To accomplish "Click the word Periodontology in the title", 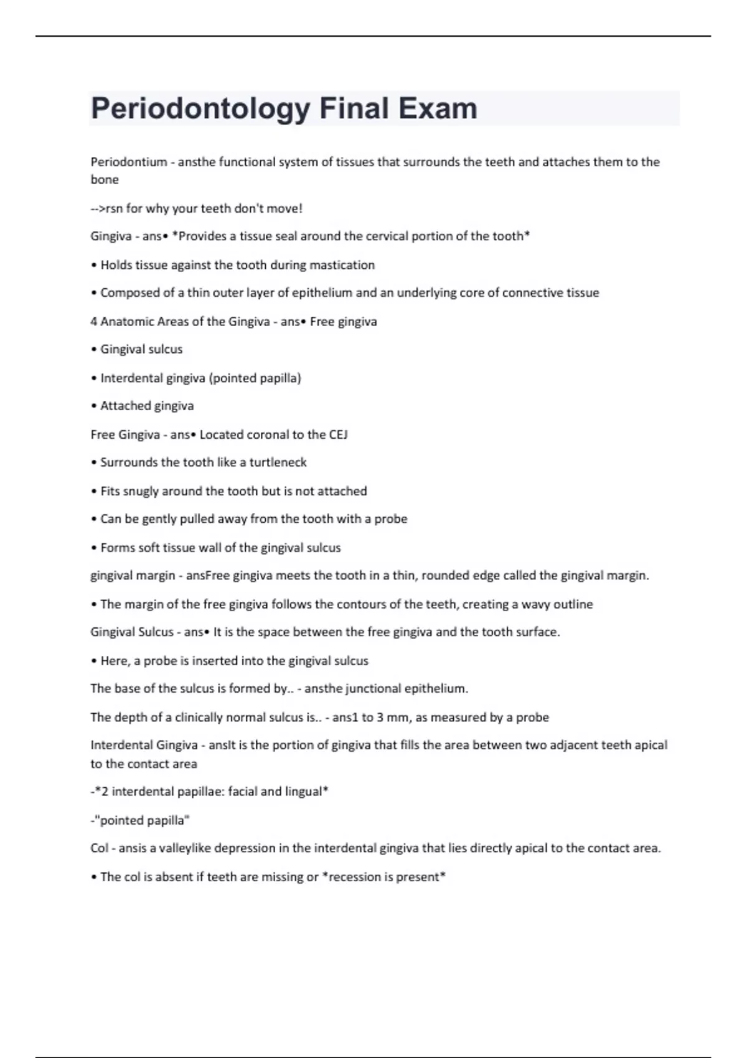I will (x=200, y=109).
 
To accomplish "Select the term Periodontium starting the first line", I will (x=129, y=162).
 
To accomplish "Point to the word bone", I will (x=105, y=179).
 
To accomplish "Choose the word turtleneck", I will (x=278, y=462).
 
